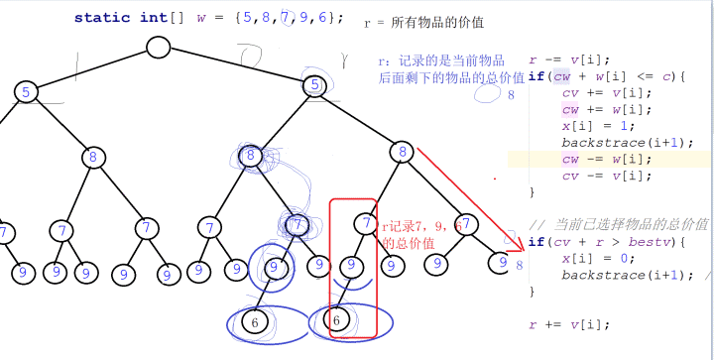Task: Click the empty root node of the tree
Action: click(x=159, y=47)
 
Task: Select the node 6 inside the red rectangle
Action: click(x=337, y=320)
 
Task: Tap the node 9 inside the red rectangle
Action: click(x=349, y=266)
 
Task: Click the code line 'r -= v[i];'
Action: click(x=571, y=60)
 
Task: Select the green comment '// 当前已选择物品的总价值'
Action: click(x=619, y=223)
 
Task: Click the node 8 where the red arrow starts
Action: click(x=401, y=152)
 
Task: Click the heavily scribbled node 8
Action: click(x=251, y=156)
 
